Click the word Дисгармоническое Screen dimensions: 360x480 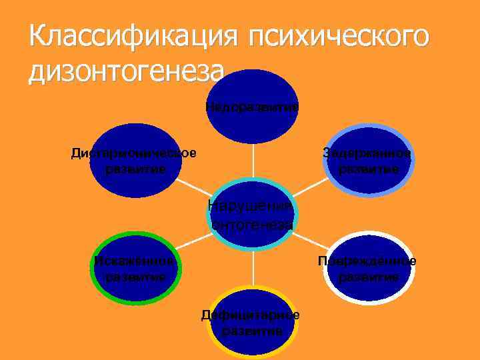tap(134, 153)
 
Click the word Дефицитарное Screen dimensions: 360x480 tap(251, 315)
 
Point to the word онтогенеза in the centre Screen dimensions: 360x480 tap(252, 225)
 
